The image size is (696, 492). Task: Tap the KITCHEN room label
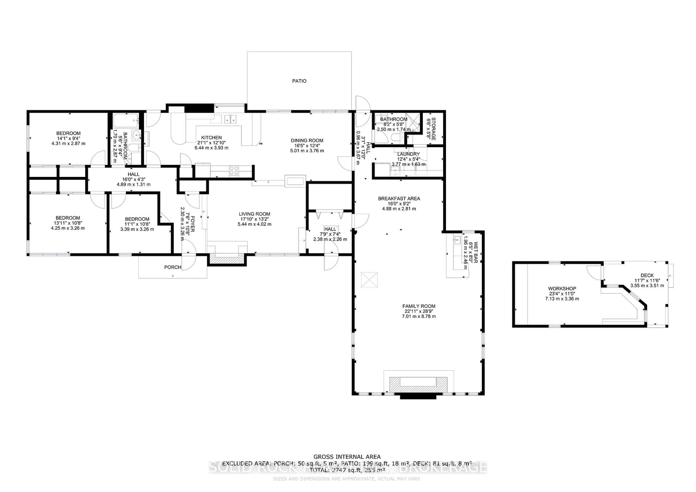tap(211, 137)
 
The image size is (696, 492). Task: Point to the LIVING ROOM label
tap(254, 214)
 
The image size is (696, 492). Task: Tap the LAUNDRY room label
tap(408, 154)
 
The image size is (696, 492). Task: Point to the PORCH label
tap(173, 267)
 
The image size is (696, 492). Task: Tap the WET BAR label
tap(475, 252)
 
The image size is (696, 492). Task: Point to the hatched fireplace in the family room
tap(418, 386)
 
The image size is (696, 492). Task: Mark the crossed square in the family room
tap(369, 280)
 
